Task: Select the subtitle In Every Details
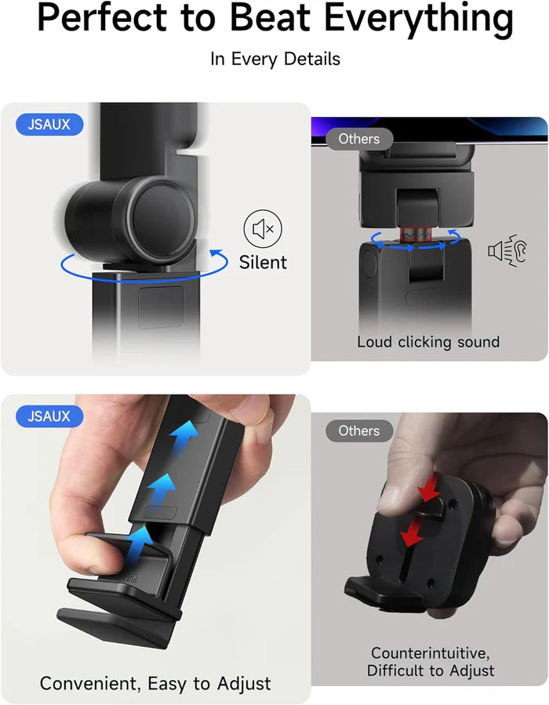274,60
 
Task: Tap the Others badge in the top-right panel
358,140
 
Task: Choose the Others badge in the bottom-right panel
358,431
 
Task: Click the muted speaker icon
263,229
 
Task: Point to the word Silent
264,262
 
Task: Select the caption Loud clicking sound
428,342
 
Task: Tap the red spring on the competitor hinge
413,235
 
